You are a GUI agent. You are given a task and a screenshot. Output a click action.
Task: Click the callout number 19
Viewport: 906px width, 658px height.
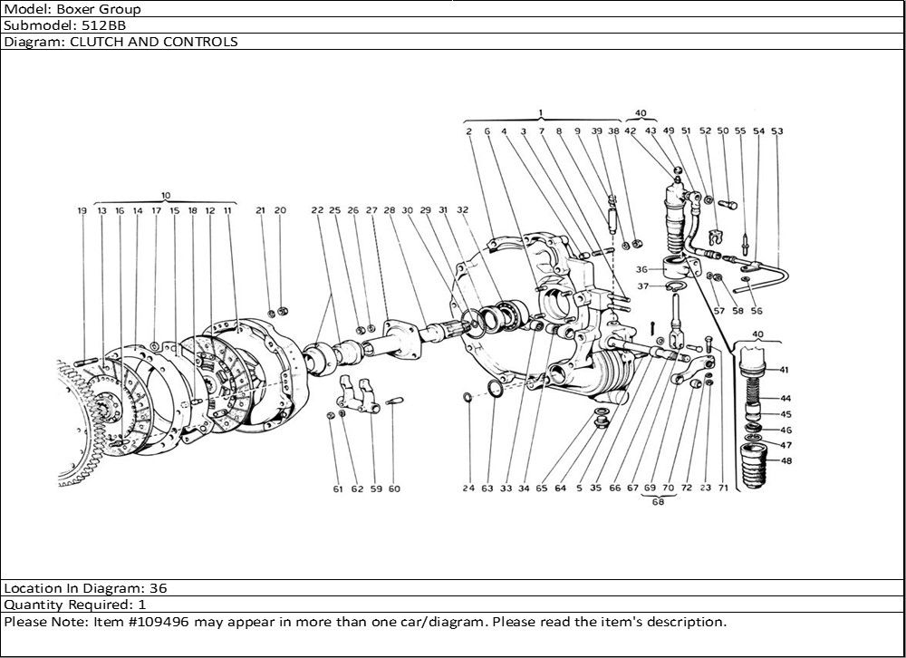(x=82, y=210)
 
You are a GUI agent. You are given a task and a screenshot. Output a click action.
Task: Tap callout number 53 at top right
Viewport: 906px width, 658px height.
(x=776, y=131)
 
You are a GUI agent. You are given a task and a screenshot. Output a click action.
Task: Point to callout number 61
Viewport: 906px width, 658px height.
(x=337, y=489)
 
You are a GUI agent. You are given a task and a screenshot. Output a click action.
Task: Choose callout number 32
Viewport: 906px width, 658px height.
(x=462, y=210)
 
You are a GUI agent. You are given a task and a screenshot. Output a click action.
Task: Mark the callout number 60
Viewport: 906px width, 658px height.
(x=394, y=489)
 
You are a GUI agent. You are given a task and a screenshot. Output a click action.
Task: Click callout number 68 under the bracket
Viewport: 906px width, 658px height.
(x=658, y=504)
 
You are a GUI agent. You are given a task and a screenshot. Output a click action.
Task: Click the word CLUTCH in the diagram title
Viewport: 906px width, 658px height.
(x=91, y=42)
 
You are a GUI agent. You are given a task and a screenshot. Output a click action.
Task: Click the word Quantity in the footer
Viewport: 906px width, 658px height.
(x=34, y=605)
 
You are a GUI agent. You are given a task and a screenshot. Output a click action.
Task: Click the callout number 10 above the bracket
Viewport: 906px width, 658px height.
(x=166, y=195)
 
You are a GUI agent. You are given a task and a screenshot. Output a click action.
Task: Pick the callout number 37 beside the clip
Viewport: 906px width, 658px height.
(x=644, y=286)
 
